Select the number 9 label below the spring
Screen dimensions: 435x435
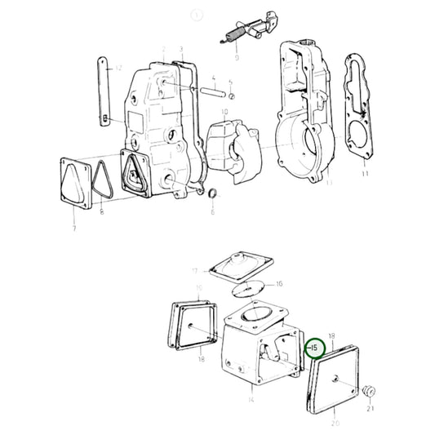point(235,58)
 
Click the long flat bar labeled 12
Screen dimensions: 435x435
point(105,90)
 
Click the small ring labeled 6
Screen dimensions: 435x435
point(212,193)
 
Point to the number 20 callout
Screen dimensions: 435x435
point(336,423)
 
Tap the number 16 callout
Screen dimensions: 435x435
point(278,283)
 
